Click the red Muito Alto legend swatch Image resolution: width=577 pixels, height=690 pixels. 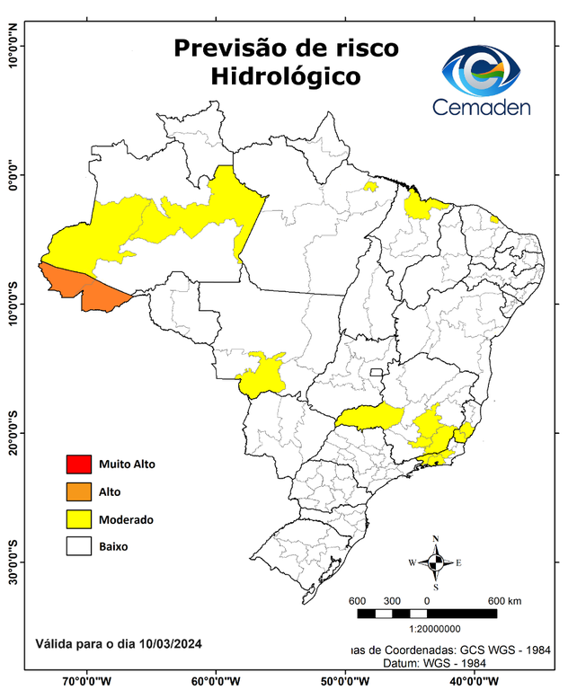click(x=78, y=464)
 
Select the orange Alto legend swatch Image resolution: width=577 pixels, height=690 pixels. click(x=78, y=491)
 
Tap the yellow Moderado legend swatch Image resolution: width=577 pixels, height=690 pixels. click(x=78, y=518)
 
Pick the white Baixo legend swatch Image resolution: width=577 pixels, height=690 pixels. click(x=78, y=545)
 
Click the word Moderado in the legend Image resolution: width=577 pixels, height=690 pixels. click(x=126, y=519)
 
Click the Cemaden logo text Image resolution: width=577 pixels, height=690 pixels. click(x=482, y=107)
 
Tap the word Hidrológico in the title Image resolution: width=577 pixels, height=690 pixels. click(x=286, y=76)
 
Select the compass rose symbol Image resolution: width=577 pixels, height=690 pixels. click(x=436, y=562)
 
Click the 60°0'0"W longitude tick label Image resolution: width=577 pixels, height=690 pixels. click(x=215, y=681)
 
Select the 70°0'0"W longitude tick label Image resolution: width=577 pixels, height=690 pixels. click(x=87, y=681)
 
